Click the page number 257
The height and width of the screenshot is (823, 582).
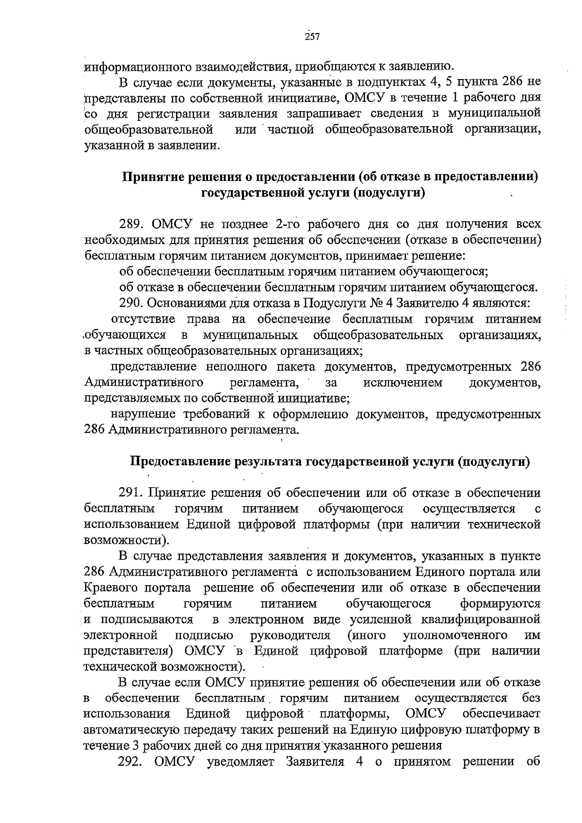312,37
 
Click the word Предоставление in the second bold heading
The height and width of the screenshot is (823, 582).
180,461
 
